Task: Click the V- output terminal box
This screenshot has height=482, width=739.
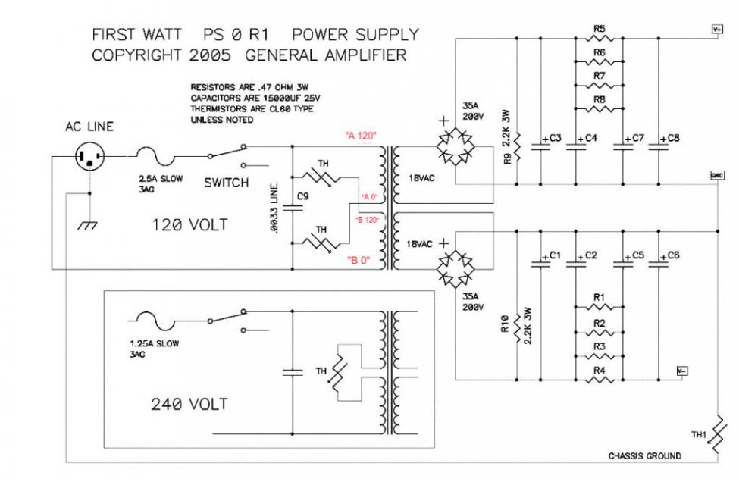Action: (x=682, y=371)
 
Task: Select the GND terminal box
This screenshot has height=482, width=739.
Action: (x=716, y=175)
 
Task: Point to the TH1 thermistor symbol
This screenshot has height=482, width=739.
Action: (x=716, y=437)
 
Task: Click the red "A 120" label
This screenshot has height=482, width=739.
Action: (x=361, y=136)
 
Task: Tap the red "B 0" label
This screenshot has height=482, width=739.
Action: (x=359, y=261)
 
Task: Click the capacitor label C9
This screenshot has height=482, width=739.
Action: (x=303, y=196)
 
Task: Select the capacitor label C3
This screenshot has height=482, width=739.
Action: (x=554, y=139)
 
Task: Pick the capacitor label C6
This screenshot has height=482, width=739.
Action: (x=672, y=255)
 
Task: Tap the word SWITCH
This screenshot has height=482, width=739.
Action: (x=226, y=183)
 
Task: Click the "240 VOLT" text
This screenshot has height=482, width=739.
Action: (x=189, y=404)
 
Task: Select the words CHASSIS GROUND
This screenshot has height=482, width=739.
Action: (x=644, y=455)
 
